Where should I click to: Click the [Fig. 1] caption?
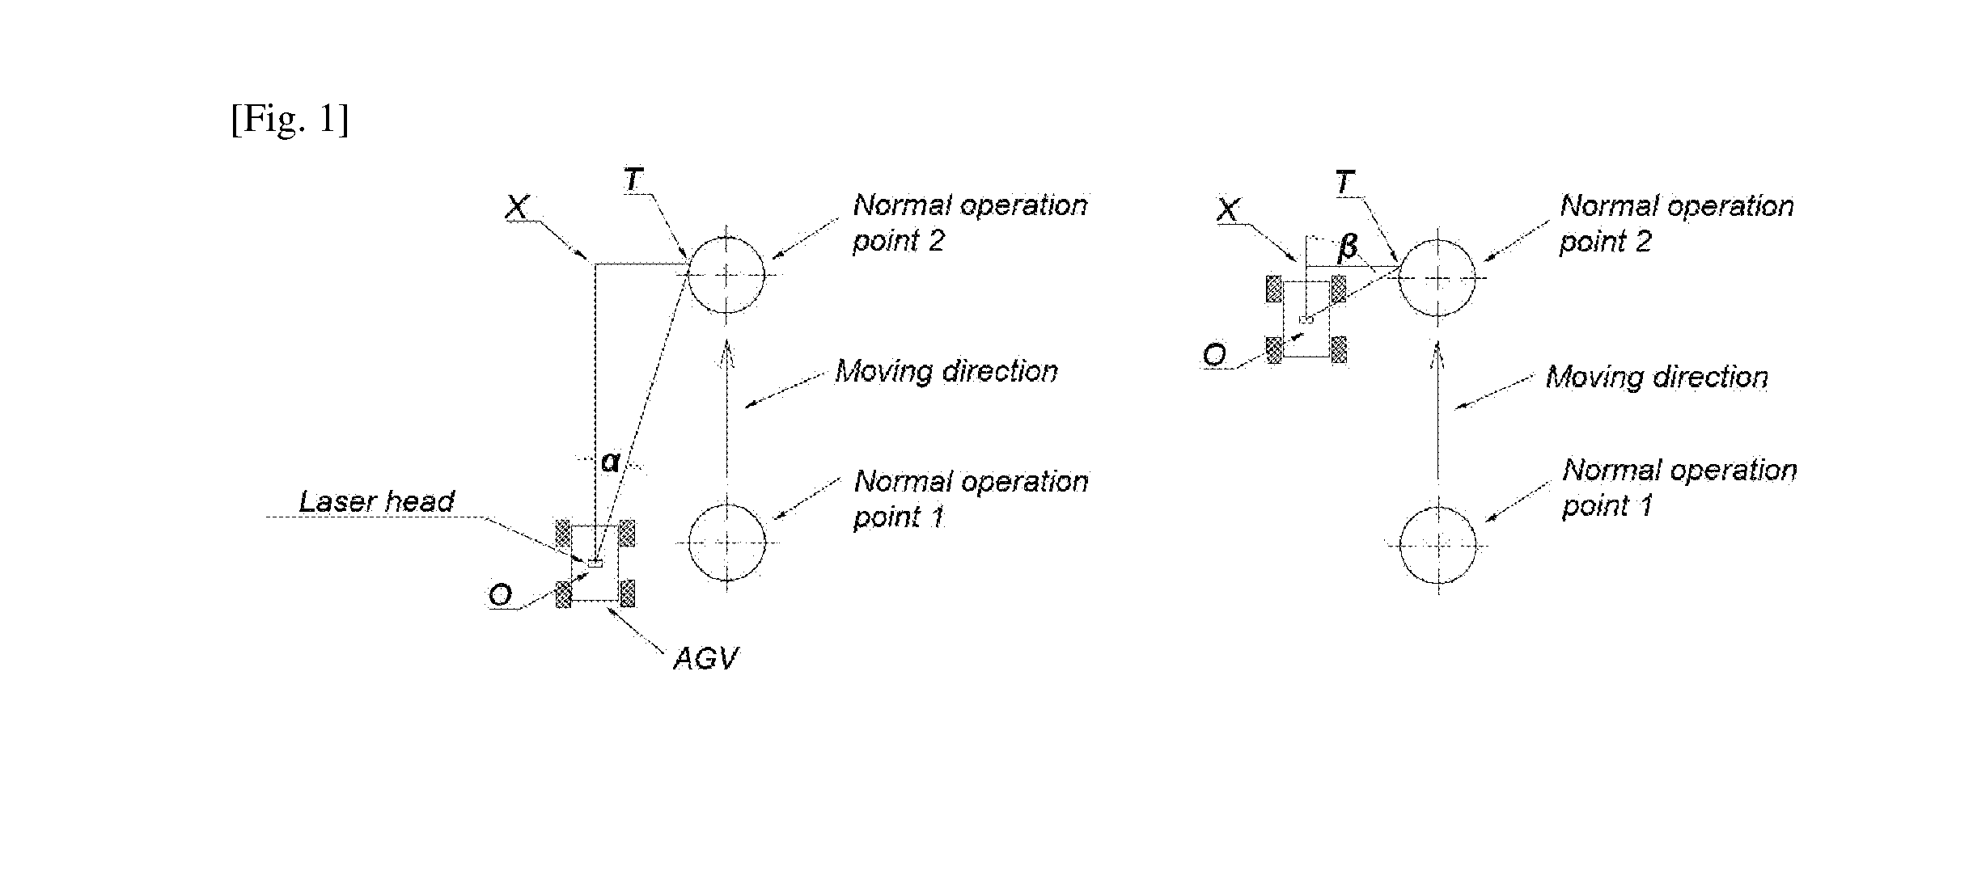[290, 120]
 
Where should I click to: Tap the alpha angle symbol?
[610, 462]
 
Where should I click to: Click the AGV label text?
[705, 659]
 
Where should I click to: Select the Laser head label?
[377, 501]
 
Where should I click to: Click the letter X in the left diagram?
[517, 208]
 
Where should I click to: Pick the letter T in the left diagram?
[633, 179]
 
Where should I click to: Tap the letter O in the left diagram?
[501, 596]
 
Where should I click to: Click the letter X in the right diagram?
[1227, 210]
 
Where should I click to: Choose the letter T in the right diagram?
[1344, 183]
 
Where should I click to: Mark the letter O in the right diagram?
[1214, 355]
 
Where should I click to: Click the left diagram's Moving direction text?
[946, 371]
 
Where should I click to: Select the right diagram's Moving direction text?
[1657, 377]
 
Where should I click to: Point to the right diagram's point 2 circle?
[1399, 277]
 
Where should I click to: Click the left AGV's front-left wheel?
[563, 534]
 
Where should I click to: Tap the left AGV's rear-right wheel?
[627, 593]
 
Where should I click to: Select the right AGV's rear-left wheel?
[1274, 349]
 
